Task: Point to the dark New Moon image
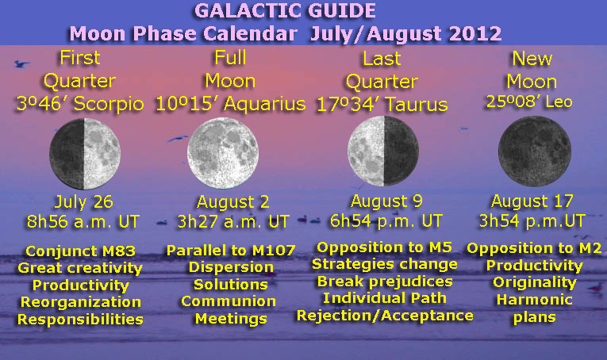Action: click(534, 153)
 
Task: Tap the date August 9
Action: click(386, 201)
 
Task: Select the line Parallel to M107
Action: click(230, 251)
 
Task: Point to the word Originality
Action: click(534, 282)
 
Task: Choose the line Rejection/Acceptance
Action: click(385, 316)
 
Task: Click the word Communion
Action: click(229, 301)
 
